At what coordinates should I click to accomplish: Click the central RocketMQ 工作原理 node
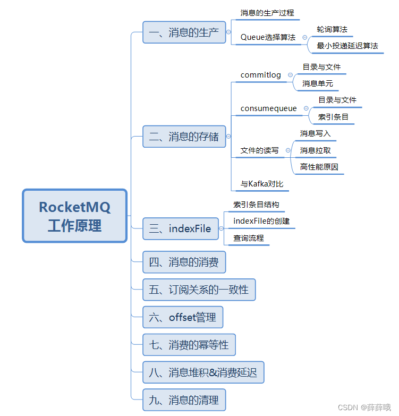tap(75, 216)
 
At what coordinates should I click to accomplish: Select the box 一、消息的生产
tap(184, 32)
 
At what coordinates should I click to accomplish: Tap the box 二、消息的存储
tap(184, 137)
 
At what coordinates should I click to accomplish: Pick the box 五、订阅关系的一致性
tap(199, 290)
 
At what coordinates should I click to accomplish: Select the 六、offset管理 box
tap(183, 317)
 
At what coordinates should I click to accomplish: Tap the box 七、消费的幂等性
tap(189, 345)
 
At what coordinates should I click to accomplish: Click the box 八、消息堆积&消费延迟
tap(203, 372)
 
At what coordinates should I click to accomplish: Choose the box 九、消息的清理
tap(184, 400)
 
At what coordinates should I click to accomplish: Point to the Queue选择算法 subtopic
tap(268, 37)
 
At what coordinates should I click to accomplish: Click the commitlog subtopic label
tap(261, 75)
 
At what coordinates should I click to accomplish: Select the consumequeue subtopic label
tap(269, 108)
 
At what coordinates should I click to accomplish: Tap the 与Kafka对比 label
tap(262, 184)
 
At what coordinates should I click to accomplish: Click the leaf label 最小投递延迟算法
tap(347, 46)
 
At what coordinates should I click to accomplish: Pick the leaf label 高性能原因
tap(319, 167)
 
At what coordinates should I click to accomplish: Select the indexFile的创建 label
tap(261, 221)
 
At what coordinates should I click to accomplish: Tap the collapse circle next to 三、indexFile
tap(221, 229)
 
